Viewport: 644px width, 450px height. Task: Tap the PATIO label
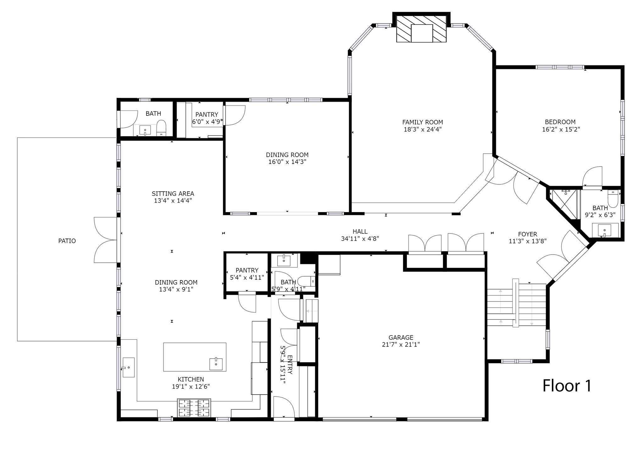pyautogui.click(x=67, y=241)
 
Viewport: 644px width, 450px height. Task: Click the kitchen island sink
pyautogui.click(x=216, y=364)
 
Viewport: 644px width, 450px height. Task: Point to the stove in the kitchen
pyautogui.click(x=194, y=408)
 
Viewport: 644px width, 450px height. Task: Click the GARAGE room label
pyautogui.click(x=401, y=338)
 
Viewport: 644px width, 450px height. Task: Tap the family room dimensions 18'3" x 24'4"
pyautogui.click(x=423, y=129)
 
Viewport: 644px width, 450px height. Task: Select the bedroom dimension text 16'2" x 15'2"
pyautogui.click(x=561, y=129)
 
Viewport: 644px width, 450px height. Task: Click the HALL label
pyautogui.click(x=360, y=232)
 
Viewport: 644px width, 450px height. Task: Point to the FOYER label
pyautogui.click(x=528, y=234)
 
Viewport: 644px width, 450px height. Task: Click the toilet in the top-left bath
pyautogui.click(x=161, y=127)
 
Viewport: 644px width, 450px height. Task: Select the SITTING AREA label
pyautogui.click(x=173, y=194)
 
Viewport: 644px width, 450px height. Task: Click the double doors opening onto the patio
pyautogui.click(x=105, y=240)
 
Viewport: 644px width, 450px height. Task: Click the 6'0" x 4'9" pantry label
pyautogui.click(x=207, y=122)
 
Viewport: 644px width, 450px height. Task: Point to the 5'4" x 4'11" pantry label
pyautogui.click(x=247, y=277)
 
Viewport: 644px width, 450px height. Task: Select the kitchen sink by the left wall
pyautogui.click(x=128, y=367)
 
